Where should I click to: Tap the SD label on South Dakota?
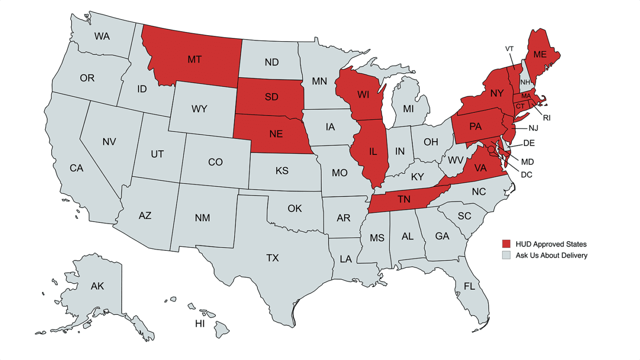coord(272,97)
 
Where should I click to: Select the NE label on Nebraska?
coord(276,134)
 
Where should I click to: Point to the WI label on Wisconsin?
coord(363,95)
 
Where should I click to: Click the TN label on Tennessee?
coord(403,200)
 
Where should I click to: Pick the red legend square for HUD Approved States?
coord(506,244)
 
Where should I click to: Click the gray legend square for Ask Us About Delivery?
coord(506,255)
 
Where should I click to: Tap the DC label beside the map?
coord(527,175)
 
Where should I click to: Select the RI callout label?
coord(547,118)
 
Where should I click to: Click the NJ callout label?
coord(533,128)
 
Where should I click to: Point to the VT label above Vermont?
coord(510,48)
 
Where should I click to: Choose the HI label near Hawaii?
coord(200,324)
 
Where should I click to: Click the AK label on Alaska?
coord(97,286)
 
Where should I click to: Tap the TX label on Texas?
coord(272,258)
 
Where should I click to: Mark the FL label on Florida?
coord(469,287)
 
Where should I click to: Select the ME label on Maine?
coord(540,54)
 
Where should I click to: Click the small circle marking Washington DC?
coord(491,149)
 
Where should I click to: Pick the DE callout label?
coord(529,143)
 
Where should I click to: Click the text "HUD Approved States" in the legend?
coord(551,244)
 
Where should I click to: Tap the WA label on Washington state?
coord(102,36)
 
